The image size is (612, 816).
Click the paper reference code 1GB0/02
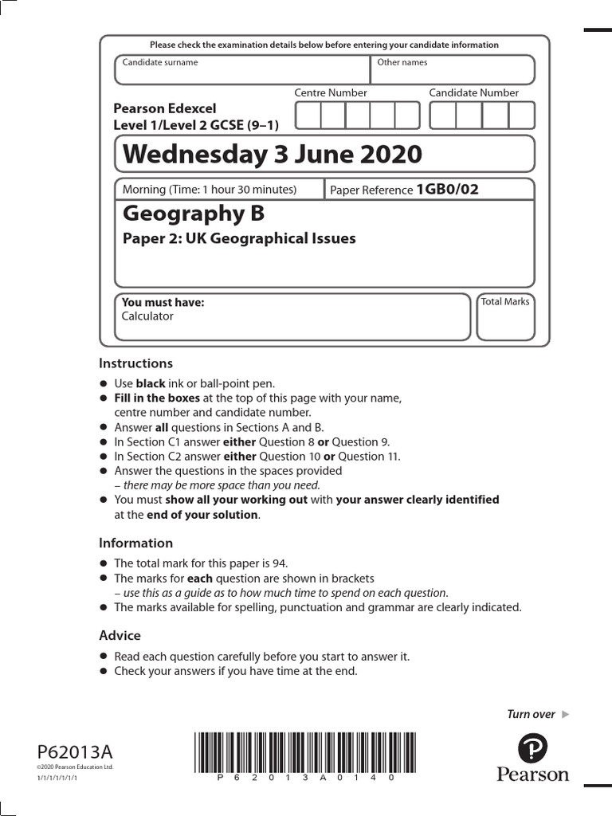(x=447, y=190)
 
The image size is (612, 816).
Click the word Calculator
(x=147, y=316)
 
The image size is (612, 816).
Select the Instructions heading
(x=135, y=363)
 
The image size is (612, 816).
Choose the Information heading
(x=135, y=543)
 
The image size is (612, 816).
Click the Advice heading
(x=120, y=635)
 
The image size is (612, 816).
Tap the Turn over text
(x=531, y=714)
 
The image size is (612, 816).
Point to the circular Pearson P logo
(x=533, y=748)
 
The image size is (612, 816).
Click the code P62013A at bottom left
(x=75, y=751)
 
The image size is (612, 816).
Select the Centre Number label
(x=331, y=93)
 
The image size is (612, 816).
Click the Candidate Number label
(x=473, y=93)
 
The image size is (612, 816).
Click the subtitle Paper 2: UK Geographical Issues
(x=239, y=238)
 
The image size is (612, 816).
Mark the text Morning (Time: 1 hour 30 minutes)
(x=209, y=190)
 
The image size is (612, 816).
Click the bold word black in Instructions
(x=151, y=383)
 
